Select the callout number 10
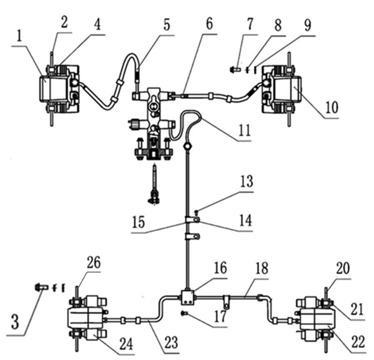(332, 108)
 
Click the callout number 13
(247, 181)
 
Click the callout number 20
(343, 269)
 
